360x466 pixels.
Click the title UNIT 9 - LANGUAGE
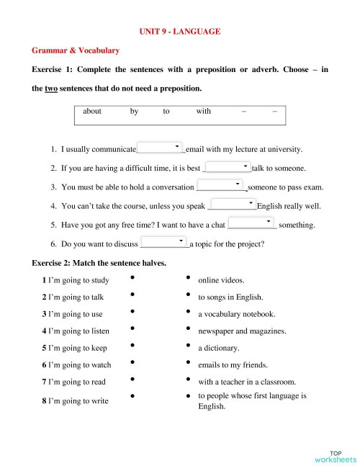(180, 32)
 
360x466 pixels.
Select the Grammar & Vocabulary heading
(76, 51)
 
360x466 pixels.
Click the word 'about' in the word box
(92, 112)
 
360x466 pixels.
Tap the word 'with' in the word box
(203, 112)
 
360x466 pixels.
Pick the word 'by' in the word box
(135, 112)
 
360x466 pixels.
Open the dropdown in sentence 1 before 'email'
(160, 148)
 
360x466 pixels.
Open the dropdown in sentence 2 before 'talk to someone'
(227, 167)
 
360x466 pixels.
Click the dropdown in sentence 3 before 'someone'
(222, 186)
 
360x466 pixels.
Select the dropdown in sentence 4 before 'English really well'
(233, 205)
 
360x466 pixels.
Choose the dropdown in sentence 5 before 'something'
(251, 223)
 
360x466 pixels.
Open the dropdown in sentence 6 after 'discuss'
(163, 242)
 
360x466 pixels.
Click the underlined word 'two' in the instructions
(51, 89)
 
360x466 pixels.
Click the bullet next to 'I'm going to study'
(132, 277)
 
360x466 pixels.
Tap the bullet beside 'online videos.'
(187, 277)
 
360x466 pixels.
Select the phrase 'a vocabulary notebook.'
(236, 314)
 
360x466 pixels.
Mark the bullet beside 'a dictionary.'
(187, 346)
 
